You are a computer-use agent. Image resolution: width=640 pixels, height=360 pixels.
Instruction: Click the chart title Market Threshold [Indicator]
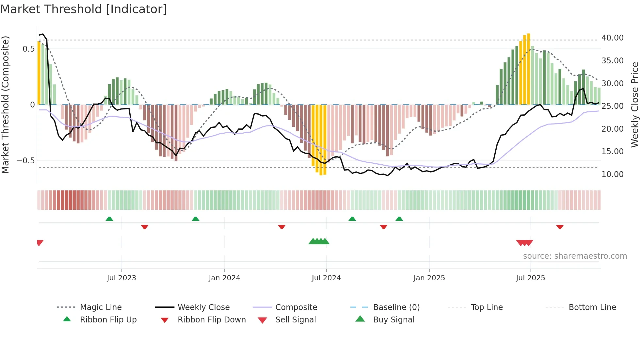84,9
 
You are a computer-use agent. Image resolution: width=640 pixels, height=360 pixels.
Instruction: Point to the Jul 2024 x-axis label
326,278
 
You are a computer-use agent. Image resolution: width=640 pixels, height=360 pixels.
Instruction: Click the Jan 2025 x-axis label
429,278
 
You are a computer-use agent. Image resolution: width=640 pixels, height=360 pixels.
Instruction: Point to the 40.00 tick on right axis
612,38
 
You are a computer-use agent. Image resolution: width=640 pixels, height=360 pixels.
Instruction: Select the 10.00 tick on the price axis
612,174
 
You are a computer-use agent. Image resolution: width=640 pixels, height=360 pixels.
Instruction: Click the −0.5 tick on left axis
26,161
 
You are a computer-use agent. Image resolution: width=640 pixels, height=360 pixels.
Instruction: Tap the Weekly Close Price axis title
634,105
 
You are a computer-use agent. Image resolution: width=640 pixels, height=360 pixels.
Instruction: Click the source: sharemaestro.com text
575,256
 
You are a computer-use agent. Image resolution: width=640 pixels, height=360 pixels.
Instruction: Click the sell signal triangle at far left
40,242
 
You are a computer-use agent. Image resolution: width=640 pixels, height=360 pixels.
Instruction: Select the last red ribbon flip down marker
560,227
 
